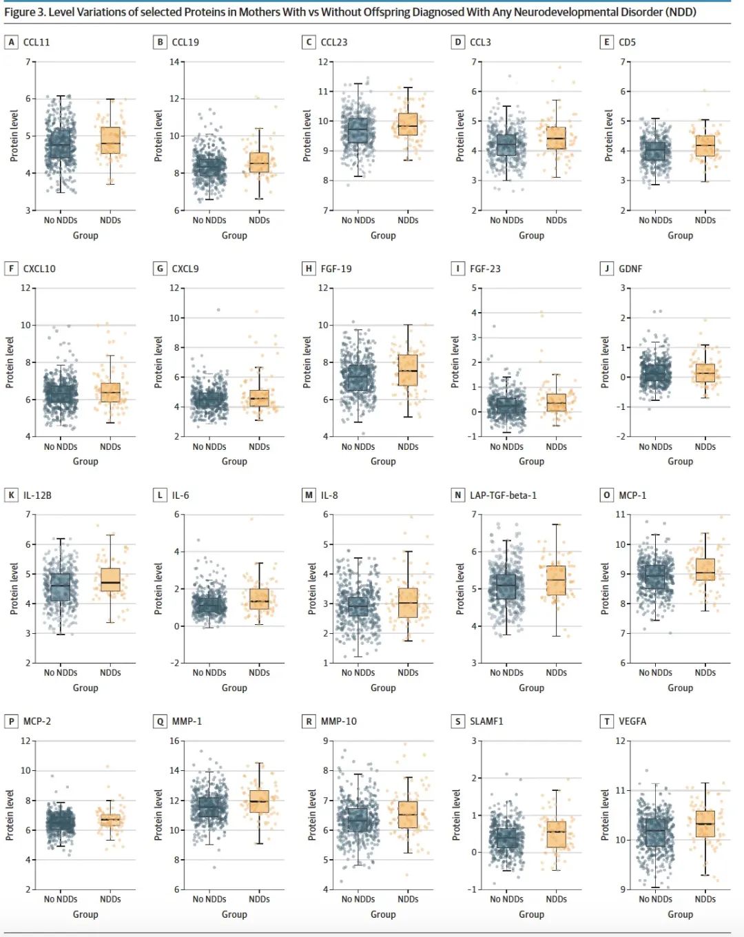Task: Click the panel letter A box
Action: coord(11,42)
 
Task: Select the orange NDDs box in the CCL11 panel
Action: coord(110,141)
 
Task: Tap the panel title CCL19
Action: coord(185,42)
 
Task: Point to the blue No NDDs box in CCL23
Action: coord(358,130)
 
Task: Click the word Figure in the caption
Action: coord(19,12)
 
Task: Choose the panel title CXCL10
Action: coord(39,269)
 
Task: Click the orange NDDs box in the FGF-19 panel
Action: coord(408,370)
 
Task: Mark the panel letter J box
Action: coord(607,269)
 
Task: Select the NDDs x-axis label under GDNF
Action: coord(705,446)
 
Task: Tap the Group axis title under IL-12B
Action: coord(85,688)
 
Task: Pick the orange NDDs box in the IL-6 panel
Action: coord(259,599)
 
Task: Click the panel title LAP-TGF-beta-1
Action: coord(503,495)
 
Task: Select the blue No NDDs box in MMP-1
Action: coord(209,807)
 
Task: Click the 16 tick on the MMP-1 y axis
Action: coord(174,741)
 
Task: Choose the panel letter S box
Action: coord(458,721)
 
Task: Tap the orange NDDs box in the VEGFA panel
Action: coord(705,823)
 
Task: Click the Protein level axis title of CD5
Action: coord(608,136)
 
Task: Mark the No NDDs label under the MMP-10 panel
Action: coord(358,899)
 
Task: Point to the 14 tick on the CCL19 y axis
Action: coord(174,62)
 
